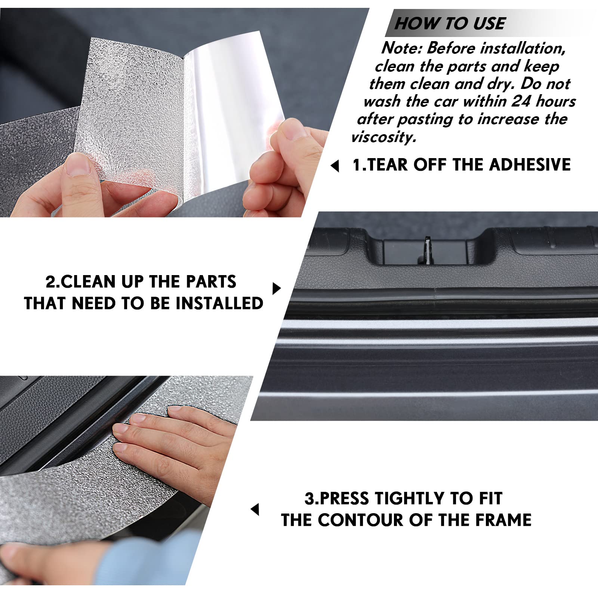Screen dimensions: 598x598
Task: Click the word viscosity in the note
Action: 383,137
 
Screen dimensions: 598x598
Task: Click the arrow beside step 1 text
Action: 335,166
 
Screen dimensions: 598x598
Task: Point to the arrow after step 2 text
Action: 277,289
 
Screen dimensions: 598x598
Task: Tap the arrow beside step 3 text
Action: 255,509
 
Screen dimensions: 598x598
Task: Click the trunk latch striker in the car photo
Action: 427,249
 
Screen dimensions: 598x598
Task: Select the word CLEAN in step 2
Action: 88,282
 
